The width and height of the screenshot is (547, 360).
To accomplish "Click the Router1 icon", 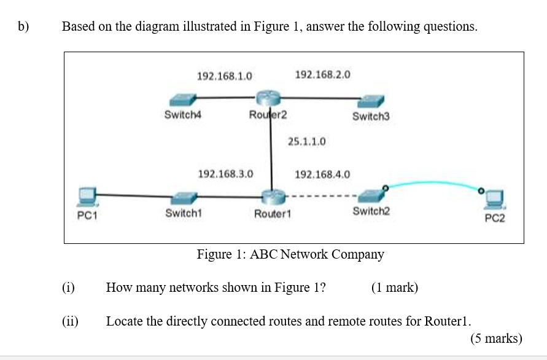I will tap(271, 197).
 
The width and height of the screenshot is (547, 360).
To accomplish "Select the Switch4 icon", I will tap(183, 99).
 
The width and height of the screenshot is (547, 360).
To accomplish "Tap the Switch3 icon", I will tap(371, 100).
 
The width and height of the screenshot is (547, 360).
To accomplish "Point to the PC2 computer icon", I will tap(495, 199).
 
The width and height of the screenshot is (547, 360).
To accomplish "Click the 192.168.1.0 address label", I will tap(224, 76).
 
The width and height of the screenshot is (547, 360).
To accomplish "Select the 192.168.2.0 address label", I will tap(323, 75).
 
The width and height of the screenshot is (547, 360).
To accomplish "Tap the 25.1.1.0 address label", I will tap(306, 142).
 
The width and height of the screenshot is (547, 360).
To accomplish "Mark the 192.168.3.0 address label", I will tap(225, 174).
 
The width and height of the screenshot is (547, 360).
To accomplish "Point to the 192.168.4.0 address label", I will tap(323, 174).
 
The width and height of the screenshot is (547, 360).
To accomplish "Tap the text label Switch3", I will tap(371, 116).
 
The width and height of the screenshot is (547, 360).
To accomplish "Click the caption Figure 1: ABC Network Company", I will tap(290, 254).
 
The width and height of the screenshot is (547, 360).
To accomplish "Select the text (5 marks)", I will tap(496, 338).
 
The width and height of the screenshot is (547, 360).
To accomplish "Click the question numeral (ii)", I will tap(70, 321).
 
